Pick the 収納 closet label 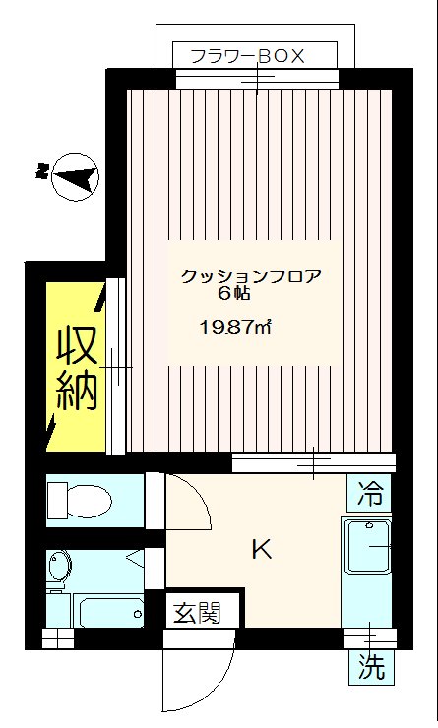click(75, 368)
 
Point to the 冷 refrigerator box click(370, 489)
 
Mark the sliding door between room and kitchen click(313, 460)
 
